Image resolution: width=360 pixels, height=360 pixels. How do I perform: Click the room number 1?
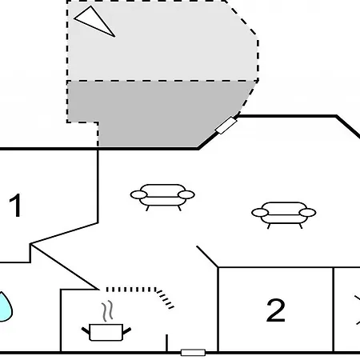[15, 205]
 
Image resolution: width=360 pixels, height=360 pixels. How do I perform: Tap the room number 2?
[276, 310]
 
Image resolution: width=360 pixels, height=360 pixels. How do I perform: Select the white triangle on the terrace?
[94, 21]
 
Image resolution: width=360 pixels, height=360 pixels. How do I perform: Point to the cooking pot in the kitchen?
[106, 332]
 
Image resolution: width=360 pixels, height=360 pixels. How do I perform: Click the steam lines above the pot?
[107, 311]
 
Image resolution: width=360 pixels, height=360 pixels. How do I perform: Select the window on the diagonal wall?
[226, 126]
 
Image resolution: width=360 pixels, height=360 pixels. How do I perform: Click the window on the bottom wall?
[193, 353]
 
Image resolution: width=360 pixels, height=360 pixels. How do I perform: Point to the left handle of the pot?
[86, 330]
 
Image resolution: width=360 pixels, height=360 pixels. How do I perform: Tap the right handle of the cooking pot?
[126, 331]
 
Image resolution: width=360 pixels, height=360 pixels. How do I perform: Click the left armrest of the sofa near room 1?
[138, 195]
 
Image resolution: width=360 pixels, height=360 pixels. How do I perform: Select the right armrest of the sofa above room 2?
[308, 213]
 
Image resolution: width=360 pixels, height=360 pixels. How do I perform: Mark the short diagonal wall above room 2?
[207, 257]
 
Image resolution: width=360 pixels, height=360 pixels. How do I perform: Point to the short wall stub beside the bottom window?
[167, 343]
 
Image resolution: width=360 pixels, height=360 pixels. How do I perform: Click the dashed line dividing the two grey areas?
[162, 81]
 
